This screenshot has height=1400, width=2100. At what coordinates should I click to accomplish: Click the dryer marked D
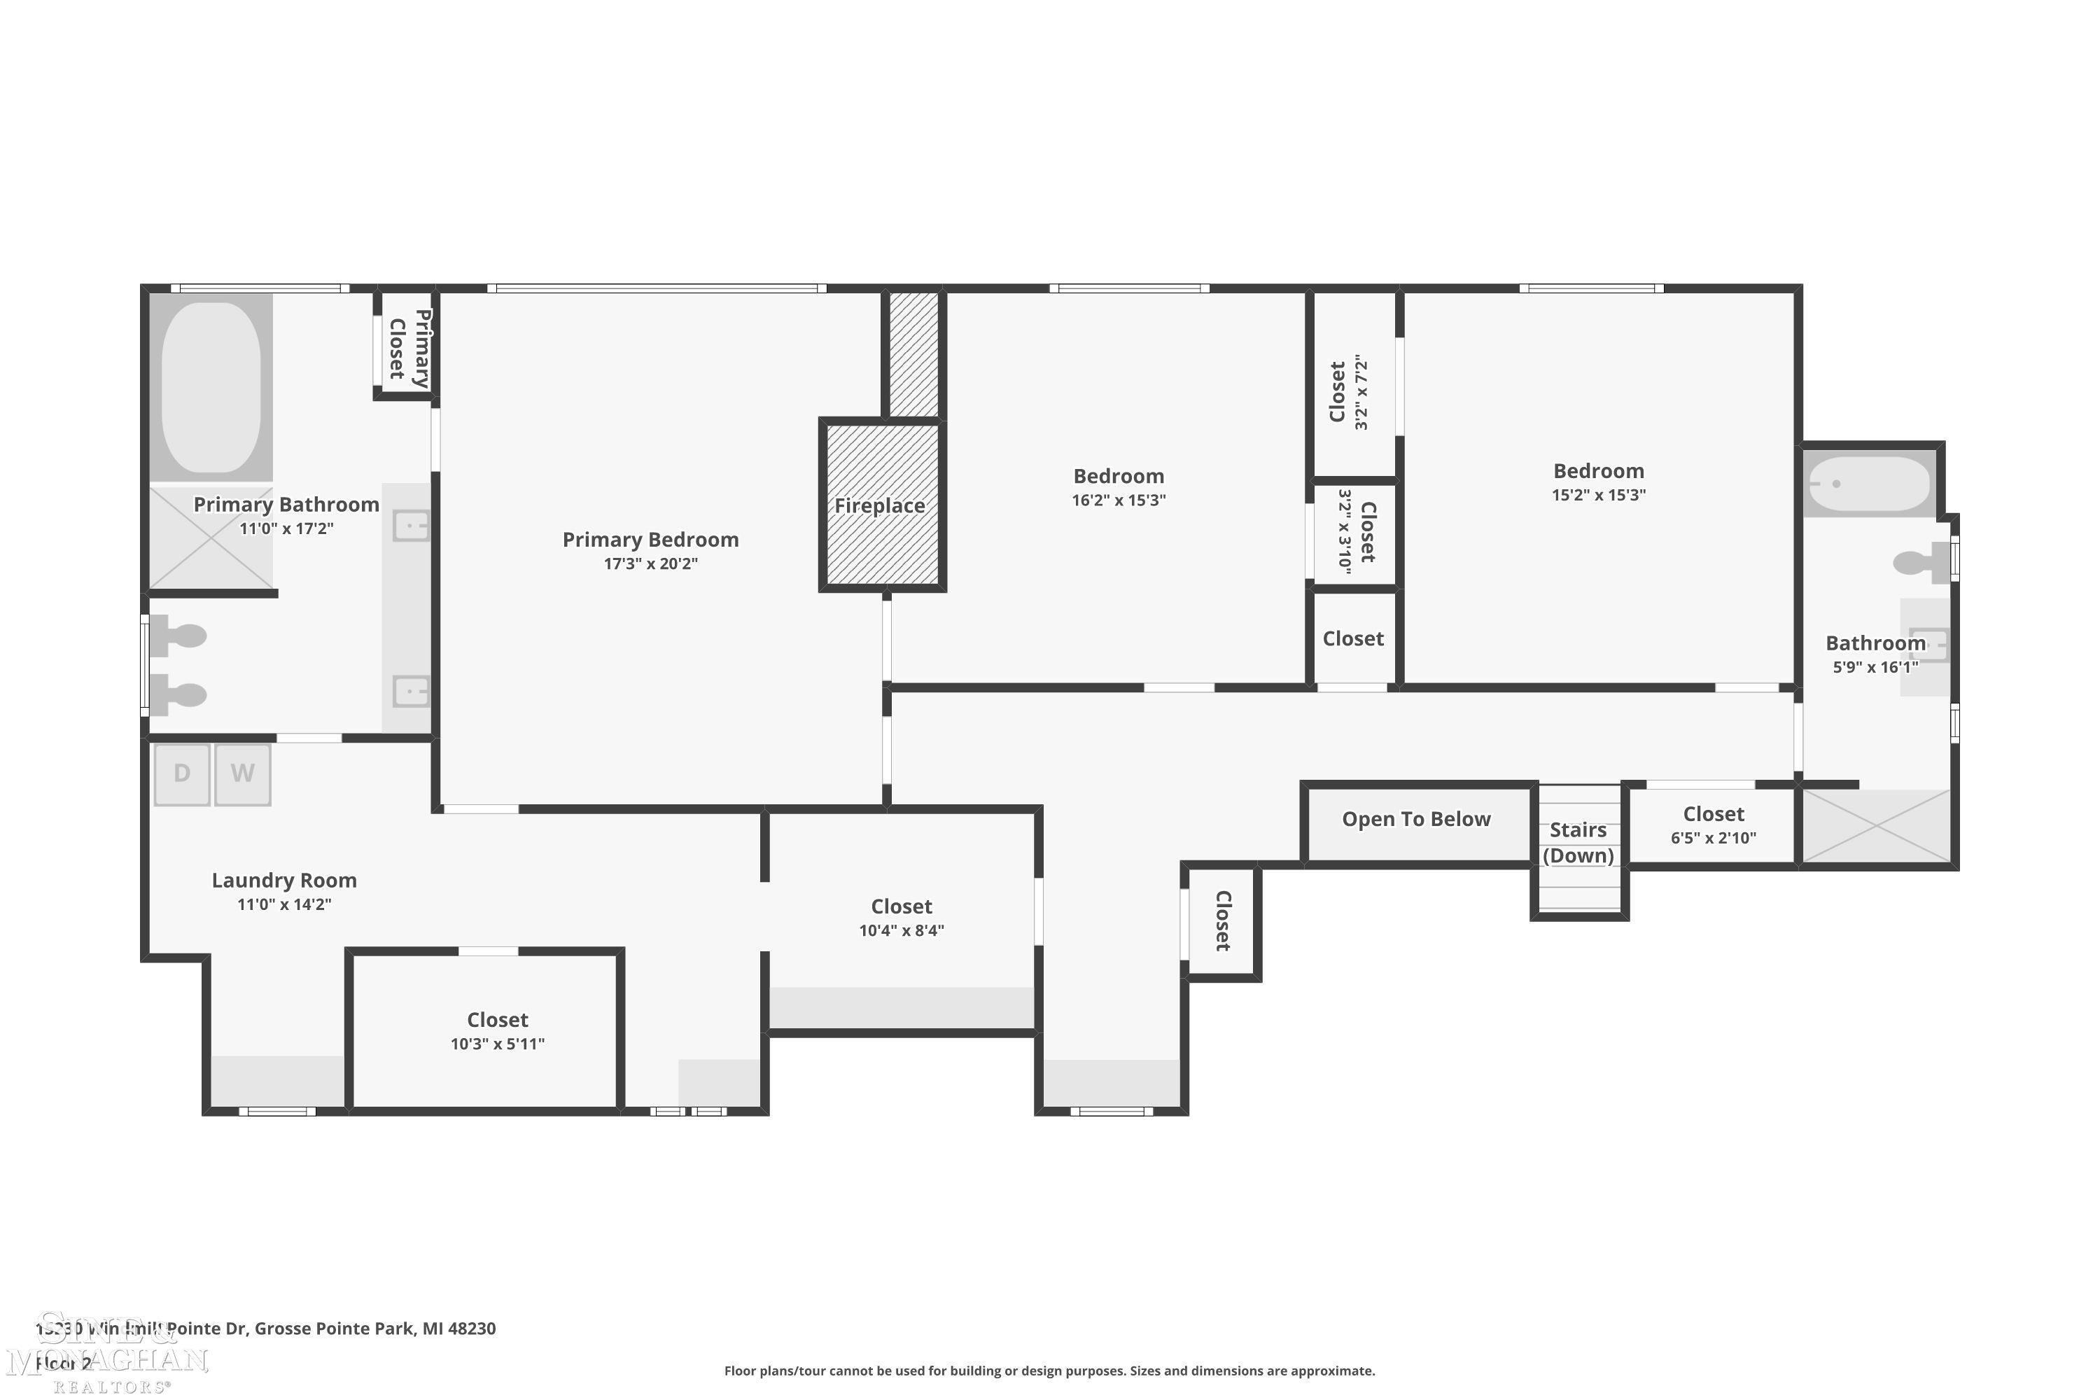(x=182, y=774)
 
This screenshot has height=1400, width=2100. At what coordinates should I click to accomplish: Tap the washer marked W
(x=242, y=774)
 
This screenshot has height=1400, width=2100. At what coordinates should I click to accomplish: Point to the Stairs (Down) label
(x=1578, y=843)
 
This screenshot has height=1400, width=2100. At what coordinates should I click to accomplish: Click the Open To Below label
(x=1416, y=820)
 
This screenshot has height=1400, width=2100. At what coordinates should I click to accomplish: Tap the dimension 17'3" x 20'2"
(x=650, y=563)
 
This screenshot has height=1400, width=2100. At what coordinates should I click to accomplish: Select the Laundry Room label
(x=284, y=881)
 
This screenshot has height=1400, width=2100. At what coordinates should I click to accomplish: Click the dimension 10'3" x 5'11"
(x=497, y=1044)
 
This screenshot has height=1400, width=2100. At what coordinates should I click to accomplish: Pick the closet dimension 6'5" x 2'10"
(x=1714, y=837)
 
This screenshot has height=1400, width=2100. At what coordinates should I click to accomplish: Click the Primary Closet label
(x=409, y=348)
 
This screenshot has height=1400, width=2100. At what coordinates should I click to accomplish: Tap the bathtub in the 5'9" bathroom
(x=1869, y=484)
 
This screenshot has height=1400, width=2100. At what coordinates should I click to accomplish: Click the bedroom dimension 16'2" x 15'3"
(x=1119, y=500)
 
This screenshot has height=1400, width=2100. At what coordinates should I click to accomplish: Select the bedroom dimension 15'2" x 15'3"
(x=1598, y=495)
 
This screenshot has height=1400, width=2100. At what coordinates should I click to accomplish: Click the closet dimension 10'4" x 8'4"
(x=902, y=930)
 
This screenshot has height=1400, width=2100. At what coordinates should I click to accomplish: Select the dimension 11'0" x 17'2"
(x=286, y=528)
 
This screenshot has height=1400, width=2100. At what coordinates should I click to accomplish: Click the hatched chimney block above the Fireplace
(x=914, y=353)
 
